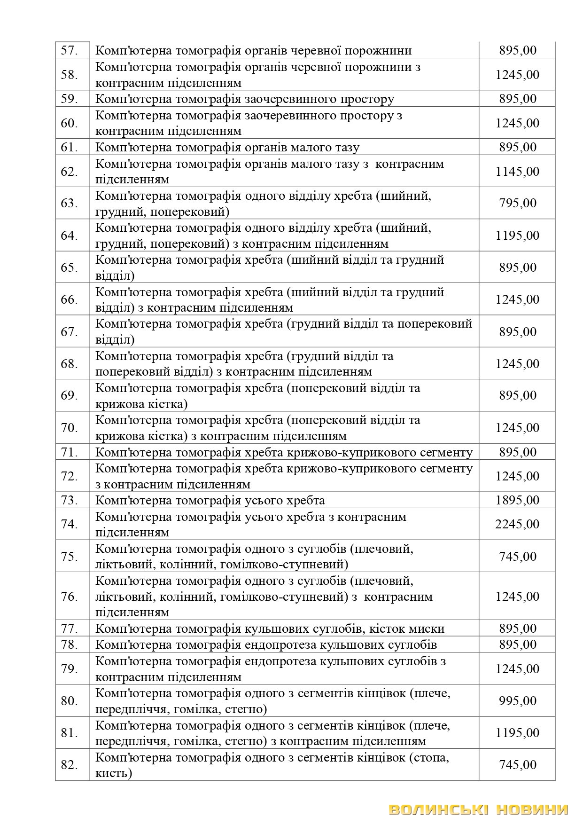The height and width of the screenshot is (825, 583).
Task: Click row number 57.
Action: coord(69,50)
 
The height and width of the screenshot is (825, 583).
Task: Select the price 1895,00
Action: coord(517,500)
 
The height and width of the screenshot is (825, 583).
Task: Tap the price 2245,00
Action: coord(517,524)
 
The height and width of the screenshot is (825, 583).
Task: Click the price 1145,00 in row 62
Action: coord(517,172)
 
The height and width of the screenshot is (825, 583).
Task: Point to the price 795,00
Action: coord(517,203)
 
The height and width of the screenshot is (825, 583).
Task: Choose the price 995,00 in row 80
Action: coord(517,701)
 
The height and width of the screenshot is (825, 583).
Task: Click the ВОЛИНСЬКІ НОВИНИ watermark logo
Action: coord(479,809)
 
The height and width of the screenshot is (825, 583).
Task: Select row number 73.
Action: coord(69,500)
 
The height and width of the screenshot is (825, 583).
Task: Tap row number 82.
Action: coord(69,765)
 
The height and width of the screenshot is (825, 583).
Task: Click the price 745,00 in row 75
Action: coord(517,557)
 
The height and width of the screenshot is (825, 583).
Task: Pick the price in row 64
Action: coord(517,236)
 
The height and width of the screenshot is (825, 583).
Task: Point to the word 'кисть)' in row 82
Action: coord(114,773)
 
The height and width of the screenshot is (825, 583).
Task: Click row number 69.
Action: coord(69,395)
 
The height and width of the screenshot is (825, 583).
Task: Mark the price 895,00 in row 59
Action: coord(517,99)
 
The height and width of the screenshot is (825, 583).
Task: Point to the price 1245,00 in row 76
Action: coord(517,597)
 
